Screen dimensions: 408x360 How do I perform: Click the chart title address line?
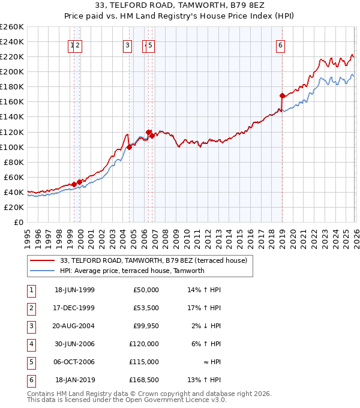pyautogui.click(x=180, y=6)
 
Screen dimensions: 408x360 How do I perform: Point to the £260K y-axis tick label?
pyautogui.click(x=12, y=27)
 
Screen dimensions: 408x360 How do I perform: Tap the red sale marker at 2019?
pyautogui.click(x=282, y=95)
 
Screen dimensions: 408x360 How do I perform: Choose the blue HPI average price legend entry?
pyautogui.click(x=132, y=271)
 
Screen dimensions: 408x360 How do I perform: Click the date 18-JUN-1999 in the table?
pyautogui.click(x=74, y=290)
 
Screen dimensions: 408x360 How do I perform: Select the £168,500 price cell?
pyautogui.click(x=143, y=380)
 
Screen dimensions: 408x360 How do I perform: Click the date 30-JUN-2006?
pyautogui.click(x=74, y=344)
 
